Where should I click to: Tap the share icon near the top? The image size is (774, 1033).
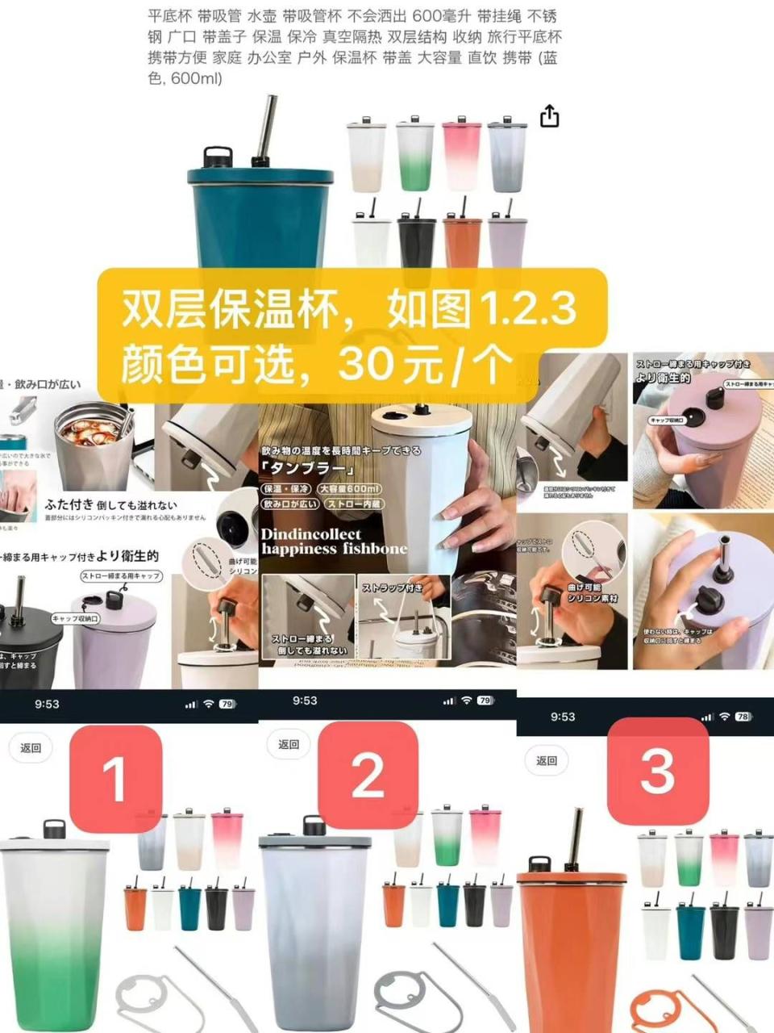(x=549, y=116)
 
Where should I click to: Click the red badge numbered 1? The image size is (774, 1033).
(x=114, y=778)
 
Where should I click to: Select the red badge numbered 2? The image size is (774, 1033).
(x=368, y=775)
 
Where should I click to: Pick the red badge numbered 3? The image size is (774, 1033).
(x=657, y=771)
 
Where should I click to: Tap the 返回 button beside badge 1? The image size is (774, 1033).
(x=31, y=748)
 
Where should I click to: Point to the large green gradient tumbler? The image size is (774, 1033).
(x=55, y=936)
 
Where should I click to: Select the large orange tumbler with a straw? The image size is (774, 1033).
(x=568, y=944)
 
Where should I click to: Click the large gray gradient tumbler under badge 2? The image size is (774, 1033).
(x=314, y=928)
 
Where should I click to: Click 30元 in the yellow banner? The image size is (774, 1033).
(x=379, y=365)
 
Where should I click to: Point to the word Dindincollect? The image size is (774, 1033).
(x=311, y=534)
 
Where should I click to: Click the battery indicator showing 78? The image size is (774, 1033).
(x=743, y=717)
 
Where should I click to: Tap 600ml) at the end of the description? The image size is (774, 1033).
(x=196, y=78)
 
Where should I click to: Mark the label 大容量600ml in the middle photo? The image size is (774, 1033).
(x=349, y=489)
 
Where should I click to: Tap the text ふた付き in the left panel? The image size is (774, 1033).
(x=69, y=504)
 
